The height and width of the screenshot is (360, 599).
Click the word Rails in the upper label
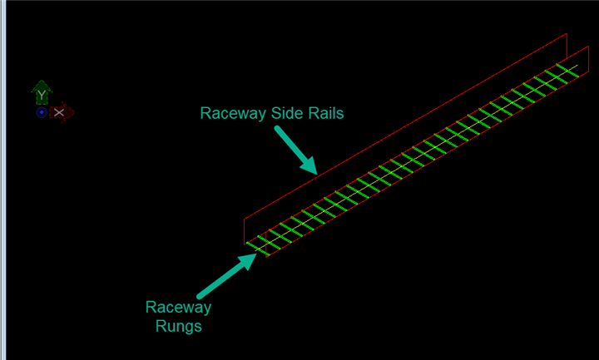324,113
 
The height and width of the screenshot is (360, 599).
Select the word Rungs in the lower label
179,326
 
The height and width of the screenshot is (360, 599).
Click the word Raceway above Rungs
179,308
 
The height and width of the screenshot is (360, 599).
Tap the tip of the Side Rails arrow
316,172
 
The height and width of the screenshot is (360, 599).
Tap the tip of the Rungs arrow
254,256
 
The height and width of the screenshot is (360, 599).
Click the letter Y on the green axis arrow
42,96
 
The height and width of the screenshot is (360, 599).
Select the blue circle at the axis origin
42,112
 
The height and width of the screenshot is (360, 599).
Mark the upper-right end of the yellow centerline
577,67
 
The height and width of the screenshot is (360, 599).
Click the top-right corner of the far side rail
567,34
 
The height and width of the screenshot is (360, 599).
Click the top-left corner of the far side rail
245,217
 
